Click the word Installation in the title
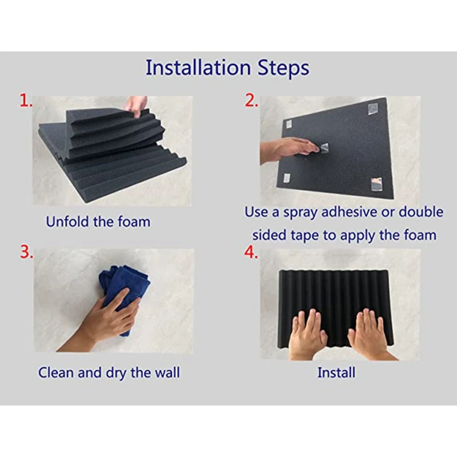coord(198,67)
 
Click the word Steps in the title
coord(283,68)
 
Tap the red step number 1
coord(26,101)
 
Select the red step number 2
coord(251,101)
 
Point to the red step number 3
coord(26,251)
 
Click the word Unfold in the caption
coord(67,222)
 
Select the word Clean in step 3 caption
coord(55,372)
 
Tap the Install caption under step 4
coord(336,372)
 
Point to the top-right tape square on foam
coord(372,109)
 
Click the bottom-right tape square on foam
coord(376,185)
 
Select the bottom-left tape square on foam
coord(287,178)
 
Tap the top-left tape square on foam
coord(288,124)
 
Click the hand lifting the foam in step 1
coord(136,106)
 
